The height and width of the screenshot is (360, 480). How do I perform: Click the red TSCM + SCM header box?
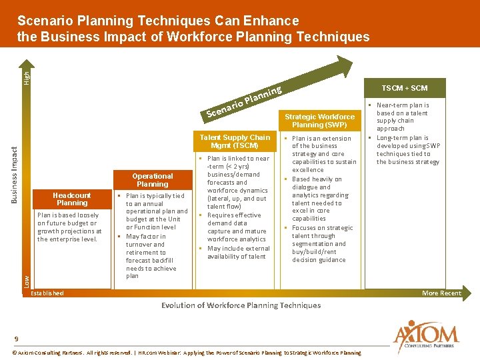point(404,88)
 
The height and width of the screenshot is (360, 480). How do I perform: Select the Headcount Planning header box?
point(72,199)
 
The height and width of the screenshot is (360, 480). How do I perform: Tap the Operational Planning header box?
point(153,180)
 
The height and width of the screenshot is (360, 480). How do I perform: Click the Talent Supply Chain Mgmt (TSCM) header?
point(235,141)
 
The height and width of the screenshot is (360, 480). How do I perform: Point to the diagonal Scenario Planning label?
point(245,101)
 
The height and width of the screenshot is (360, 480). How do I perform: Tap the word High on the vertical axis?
point(27,78)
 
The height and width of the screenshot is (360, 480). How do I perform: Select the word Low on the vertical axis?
point(27,281)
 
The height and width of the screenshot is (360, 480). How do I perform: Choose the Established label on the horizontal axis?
point(48,293)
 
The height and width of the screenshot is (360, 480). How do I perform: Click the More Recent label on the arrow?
point(441,293)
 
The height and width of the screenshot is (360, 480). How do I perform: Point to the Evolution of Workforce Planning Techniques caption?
point(241,305)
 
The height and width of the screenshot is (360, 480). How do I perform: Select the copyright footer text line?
point(187,353)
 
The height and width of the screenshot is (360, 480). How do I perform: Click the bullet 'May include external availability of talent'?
point(238,253)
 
